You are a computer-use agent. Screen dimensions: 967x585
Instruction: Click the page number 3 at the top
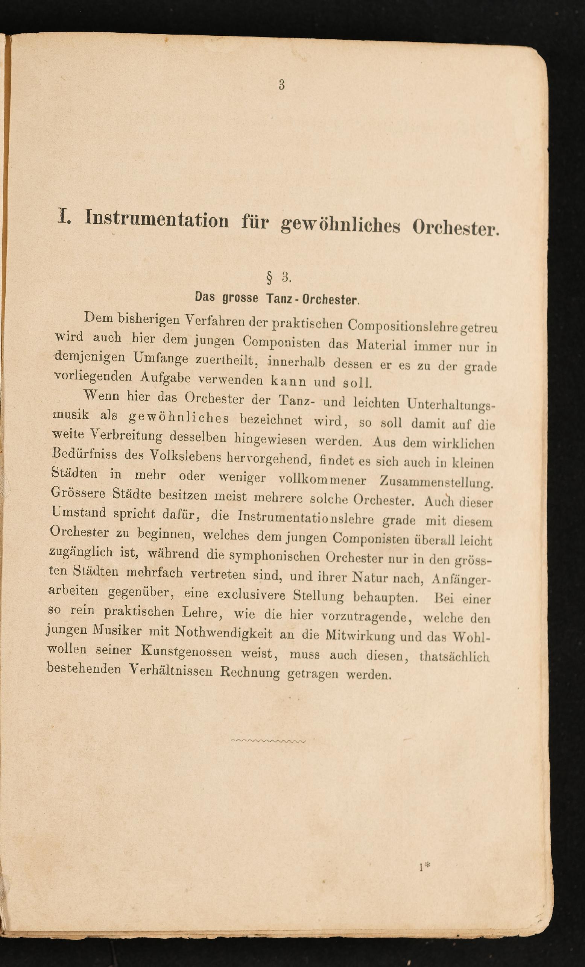coord(281,85)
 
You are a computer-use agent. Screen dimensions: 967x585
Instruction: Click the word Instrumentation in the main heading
coord(157,219)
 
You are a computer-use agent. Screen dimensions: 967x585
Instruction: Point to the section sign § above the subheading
coord(269,277)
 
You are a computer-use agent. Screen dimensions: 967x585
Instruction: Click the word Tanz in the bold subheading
coord(279,299)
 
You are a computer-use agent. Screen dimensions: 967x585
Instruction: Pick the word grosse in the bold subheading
coord(240,298)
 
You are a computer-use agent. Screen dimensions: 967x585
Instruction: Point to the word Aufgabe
coord(165,378)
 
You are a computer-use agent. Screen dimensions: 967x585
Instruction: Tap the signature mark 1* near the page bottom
coord(424,867)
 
